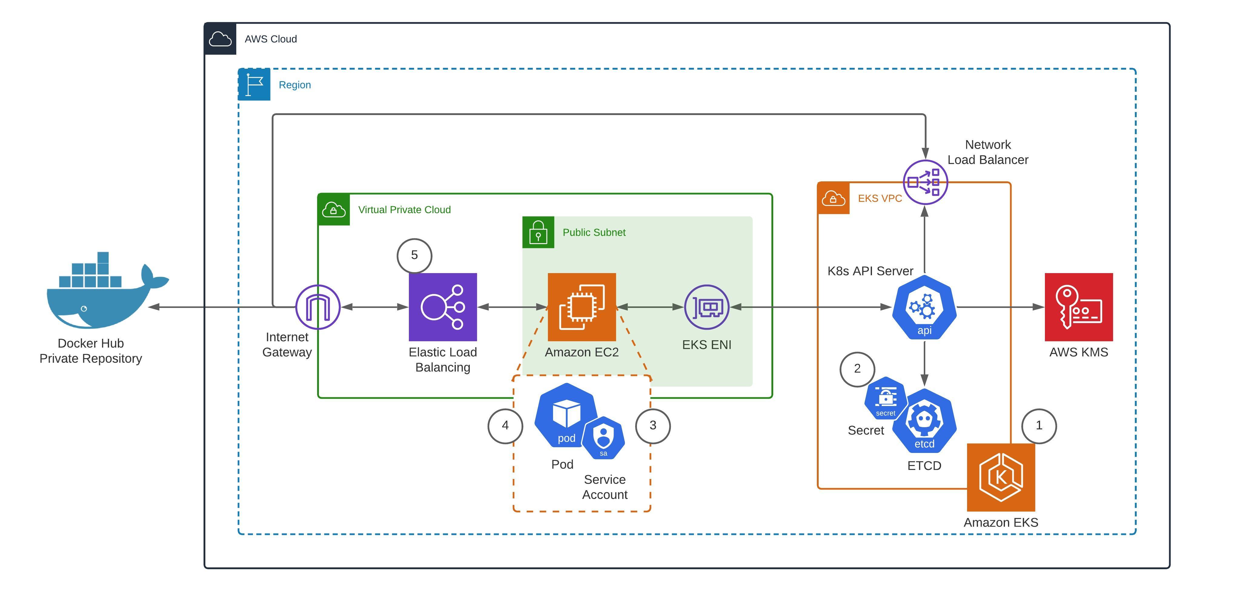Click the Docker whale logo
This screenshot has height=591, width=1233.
(103, 294)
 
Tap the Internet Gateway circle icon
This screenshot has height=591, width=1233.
(318, 307)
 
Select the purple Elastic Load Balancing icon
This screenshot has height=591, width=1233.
(443, 307)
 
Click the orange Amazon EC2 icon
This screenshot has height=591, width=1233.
(582, 307)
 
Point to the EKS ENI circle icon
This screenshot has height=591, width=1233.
(707, 307)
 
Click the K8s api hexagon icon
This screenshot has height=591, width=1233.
(924, 307)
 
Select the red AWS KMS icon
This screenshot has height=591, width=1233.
(1079, 307)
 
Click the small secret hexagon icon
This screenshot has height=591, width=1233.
(886, 398)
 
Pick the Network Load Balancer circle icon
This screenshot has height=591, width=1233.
(925, 182)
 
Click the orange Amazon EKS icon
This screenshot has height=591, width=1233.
(1001, 477)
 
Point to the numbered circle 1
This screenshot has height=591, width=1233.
(1039, 425)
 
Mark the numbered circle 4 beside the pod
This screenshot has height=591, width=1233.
(505, 425)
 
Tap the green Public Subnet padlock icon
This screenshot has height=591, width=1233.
(538, 232)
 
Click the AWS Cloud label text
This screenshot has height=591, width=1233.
(270, 39)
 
